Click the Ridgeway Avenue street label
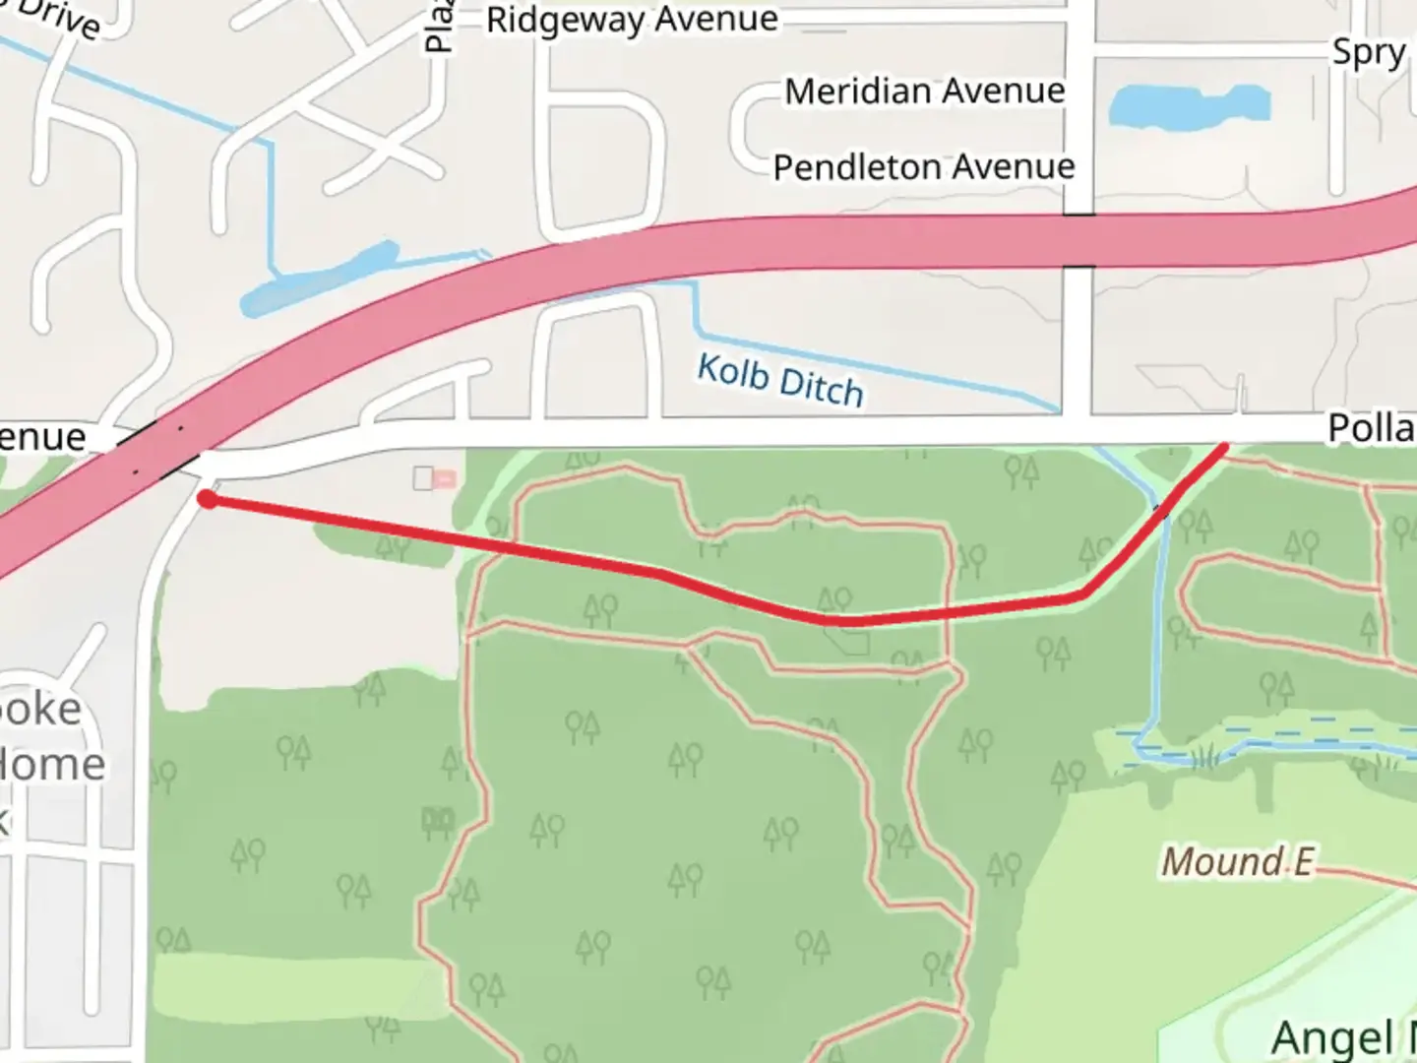pyautogui.click(x=632, y=20)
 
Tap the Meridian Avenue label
pyautogui.click(x=924, y=92)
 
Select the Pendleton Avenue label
pyautogui.click(x=923, y=167)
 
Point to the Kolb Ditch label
pyautogui.click(x=779, y=381)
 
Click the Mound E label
pyautogui.click(x=1237, y=862)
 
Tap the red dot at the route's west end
pyautogui.click(x=207, y=499)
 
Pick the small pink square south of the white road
pyautogui.click(x=445, y=478)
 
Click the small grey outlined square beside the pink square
pyautogui.click(x=422, y=478)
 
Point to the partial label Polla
pyautogui.click(x=1371, y=428)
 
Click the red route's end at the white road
pyautogui.click(x=1224, y=448)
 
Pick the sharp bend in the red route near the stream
pyautogui.click(x=1082, y=594)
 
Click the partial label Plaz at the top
pyautogui.click(x=438, y=27)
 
